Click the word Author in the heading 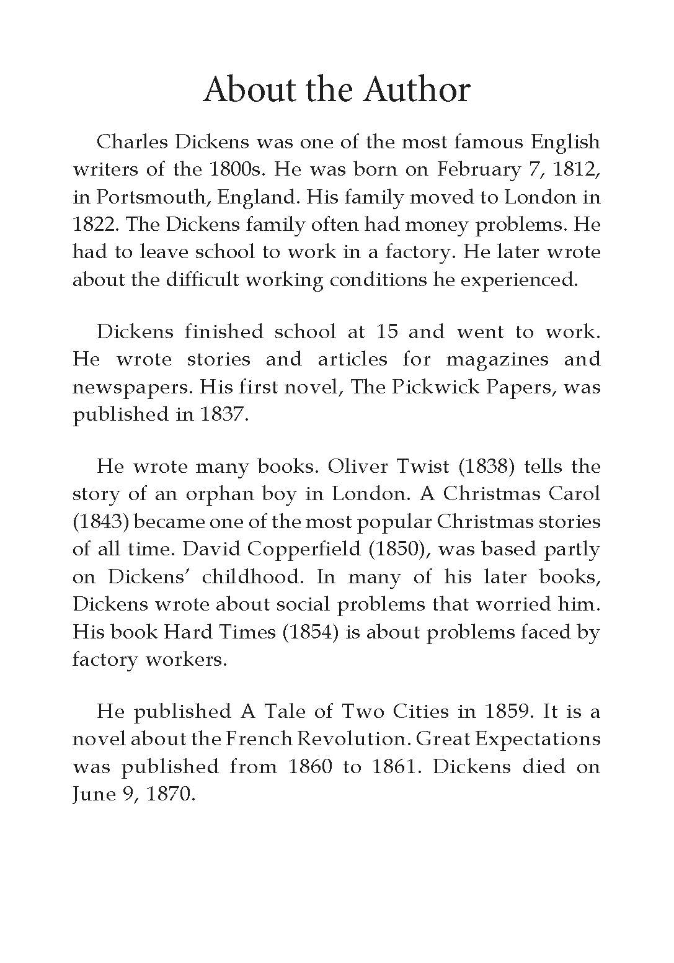point(416,89)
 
